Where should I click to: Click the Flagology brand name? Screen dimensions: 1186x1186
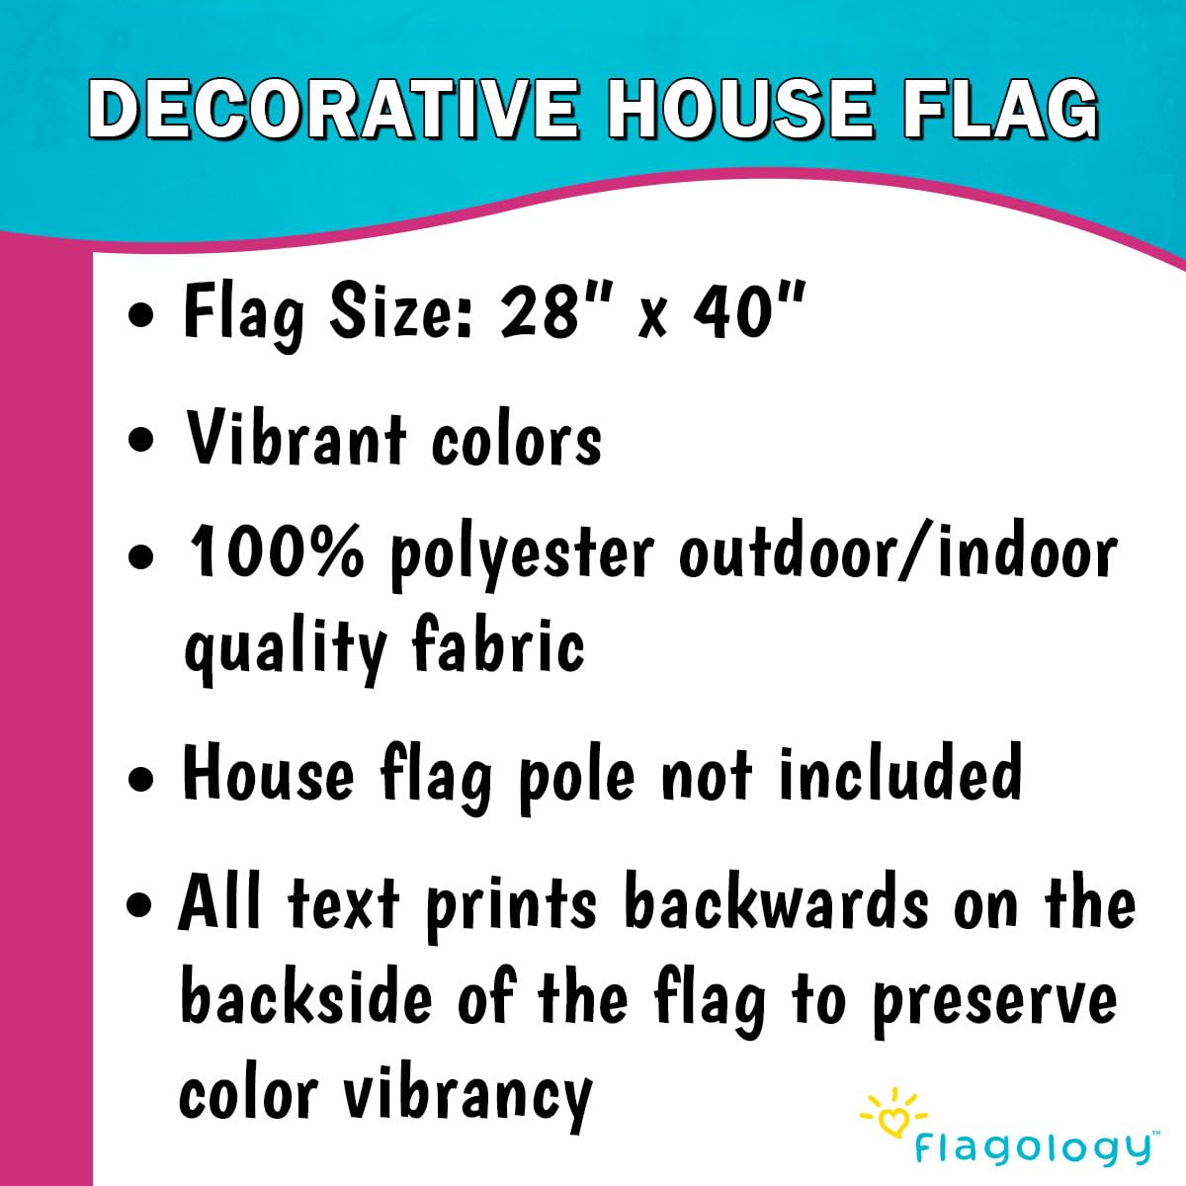tap(1032, 1148)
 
